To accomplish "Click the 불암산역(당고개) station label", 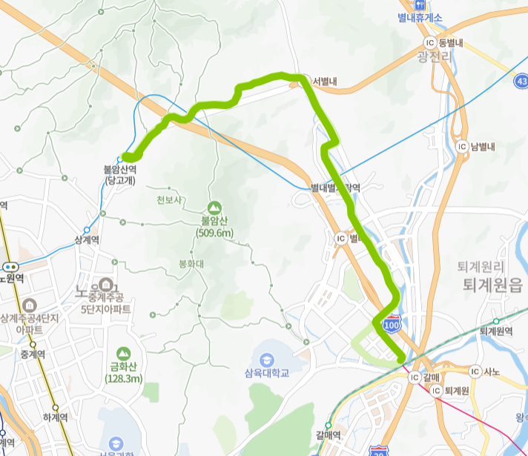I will [x=121, y=174].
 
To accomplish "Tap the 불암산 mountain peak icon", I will [x=215, y=206].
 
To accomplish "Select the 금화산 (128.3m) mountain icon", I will [x=122, y=352].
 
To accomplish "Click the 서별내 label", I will [x=325, y=82].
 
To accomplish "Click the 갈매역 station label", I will [x=327, y=434].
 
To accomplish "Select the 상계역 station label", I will [x=88, y=239].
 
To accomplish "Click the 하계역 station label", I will [x=56, y=417].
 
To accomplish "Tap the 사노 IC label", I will [x=490, y=370].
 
